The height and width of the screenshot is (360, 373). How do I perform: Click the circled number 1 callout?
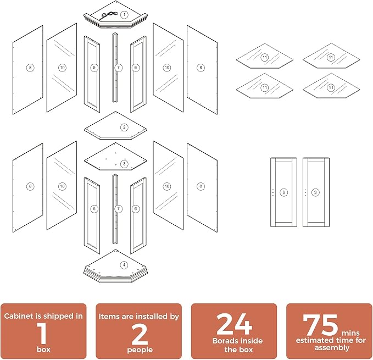point(124,15)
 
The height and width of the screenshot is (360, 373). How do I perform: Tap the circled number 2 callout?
point(124,128)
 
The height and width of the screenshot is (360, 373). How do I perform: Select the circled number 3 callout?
point(124,164)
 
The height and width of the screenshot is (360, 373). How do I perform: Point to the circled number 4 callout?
point(124,265)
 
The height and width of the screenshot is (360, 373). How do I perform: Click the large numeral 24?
point(234,324)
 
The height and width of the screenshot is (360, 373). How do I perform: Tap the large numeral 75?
point(320,324)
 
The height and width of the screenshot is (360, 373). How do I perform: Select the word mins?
point(350,333)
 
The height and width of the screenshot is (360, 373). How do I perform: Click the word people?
point(140,350)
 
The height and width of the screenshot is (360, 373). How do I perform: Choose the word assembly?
point(332,348)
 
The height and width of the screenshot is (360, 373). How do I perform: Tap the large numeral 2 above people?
point(140,335)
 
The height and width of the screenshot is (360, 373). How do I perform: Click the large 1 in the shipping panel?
point(42,334)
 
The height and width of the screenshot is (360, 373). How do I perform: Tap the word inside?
point(252,341)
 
